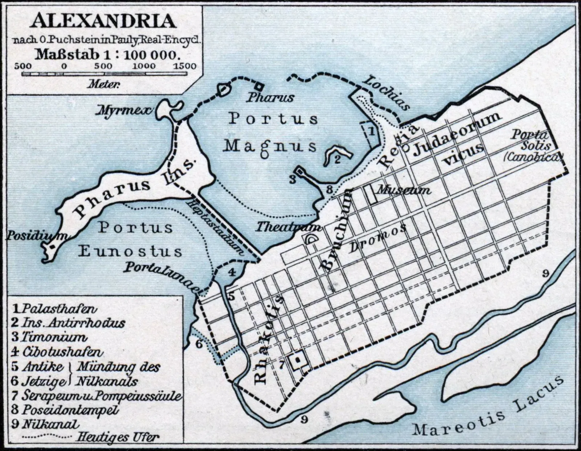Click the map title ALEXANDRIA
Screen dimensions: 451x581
pyautogui.click(x=103, y=21)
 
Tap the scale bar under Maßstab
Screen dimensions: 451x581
pyautogui.click(x=104, y=74)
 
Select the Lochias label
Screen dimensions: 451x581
pyautogui.click(x=387, y=92)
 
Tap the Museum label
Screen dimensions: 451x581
pyautogui.click(x=403, y=190)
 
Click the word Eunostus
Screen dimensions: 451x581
pyautogui.click(x=130, y=251)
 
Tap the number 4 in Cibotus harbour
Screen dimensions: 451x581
pyautogui.click(x=231, y=271)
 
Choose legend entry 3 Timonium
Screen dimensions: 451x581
pyautogui.click(x=49, y=337)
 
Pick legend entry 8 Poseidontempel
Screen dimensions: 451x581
pyautogui.click(x=65, y=410)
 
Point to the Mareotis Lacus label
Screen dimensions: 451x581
pyautogui.click(x=487, y=411)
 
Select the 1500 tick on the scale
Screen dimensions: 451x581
pyautogui.click(x=184, y=66)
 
